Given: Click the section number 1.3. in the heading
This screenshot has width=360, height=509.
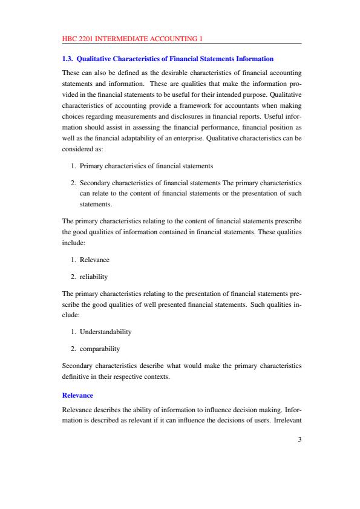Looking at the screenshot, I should pos(68,59).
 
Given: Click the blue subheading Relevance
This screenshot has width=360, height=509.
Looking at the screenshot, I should pos(77,395).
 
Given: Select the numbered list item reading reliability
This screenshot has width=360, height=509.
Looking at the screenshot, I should pos(94,276).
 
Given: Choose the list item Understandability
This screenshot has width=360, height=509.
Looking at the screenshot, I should pos(106,332).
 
